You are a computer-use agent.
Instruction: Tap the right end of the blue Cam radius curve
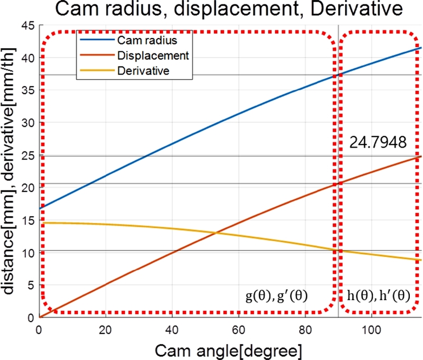[421, 48]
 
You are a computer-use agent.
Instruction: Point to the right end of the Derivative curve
[421, 260]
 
